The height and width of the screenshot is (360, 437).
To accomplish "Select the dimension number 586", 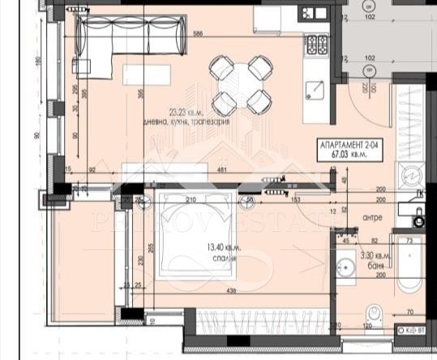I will point(197,34).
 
